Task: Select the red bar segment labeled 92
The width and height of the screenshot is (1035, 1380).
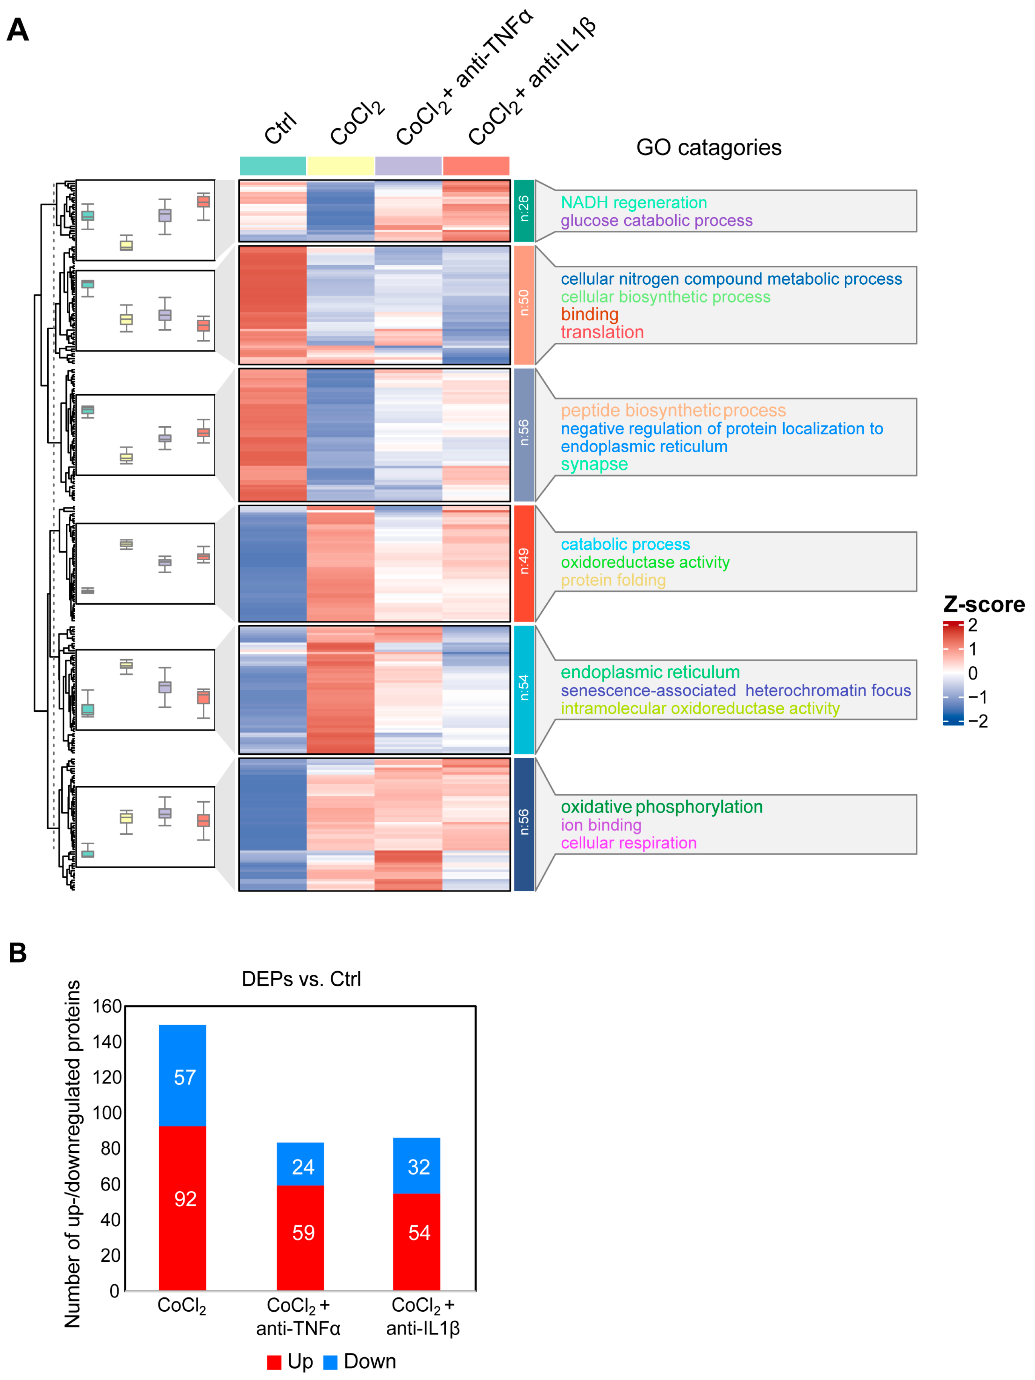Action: (182, 1207)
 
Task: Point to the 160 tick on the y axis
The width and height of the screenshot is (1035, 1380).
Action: (107, 1006)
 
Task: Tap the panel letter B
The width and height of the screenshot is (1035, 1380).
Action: (17, 953)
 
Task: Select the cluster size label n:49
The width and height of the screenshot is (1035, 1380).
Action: (524, 561)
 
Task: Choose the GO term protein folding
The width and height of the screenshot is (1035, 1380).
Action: (613, 580)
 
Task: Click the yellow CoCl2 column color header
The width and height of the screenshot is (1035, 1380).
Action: (340, 166)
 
